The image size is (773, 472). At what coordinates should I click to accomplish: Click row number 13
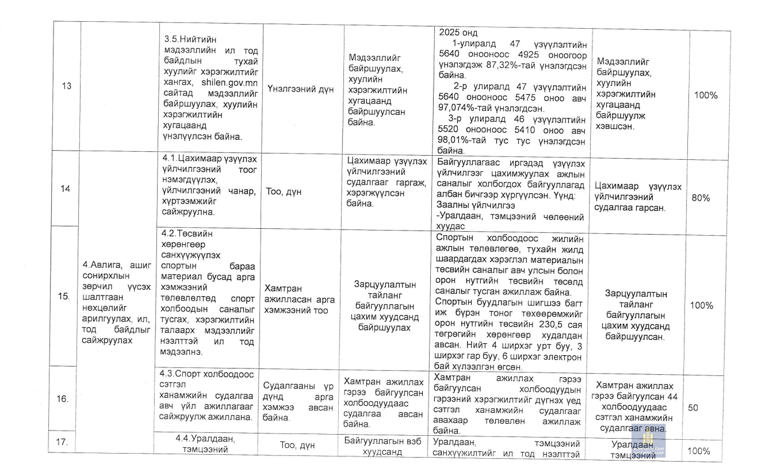pyautogui.click(x=67, y=86)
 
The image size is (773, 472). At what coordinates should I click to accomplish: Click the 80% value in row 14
pyautogui.click(x=702, y=198)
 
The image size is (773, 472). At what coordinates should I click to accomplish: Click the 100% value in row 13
pyautogui.click(x=706, y=95)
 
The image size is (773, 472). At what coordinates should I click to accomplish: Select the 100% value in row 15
pyautogui.click(x=702, y=305)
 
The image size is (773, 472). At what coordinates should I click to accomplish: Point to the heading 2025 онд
pyautogui.click(x=458, y=32)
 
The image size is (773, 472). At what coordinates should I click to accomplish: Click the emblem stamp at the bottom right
pyautogui.click(x=648, y=443)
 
